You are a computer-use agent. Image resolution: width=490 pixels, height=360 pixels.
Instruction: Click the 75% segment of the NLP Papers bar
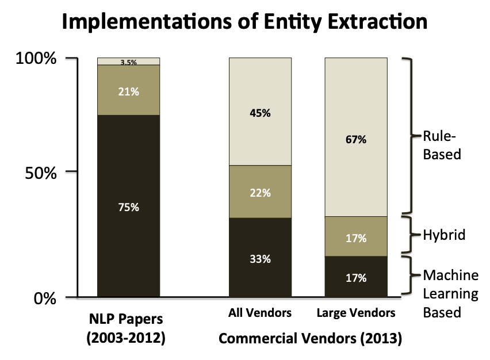[128, 206]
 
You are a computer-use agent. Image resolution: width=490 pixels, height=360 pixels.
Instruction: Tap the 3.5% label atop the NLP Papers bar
[128, 62]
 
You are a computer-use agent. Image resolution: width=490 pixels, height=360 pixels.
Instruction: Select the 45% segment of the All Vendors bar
[260, 113]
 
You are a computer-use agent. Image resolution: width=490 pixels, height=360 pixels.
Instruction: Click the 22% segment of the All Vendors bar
[260, 193]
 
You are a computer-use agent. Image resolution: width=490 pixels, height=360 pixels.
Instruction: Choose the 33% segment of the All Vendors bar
[260, 258]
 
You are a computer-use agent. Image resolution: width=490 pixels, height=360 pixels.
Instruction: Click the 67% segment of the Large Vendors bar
[356, 139]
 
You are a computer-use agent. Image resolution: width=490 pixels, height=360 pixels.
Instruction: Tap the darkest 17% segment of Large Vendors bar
[356, 277]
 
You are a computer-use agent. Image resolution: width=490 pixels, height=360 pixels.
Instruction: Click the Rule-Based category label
[442, 146]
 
